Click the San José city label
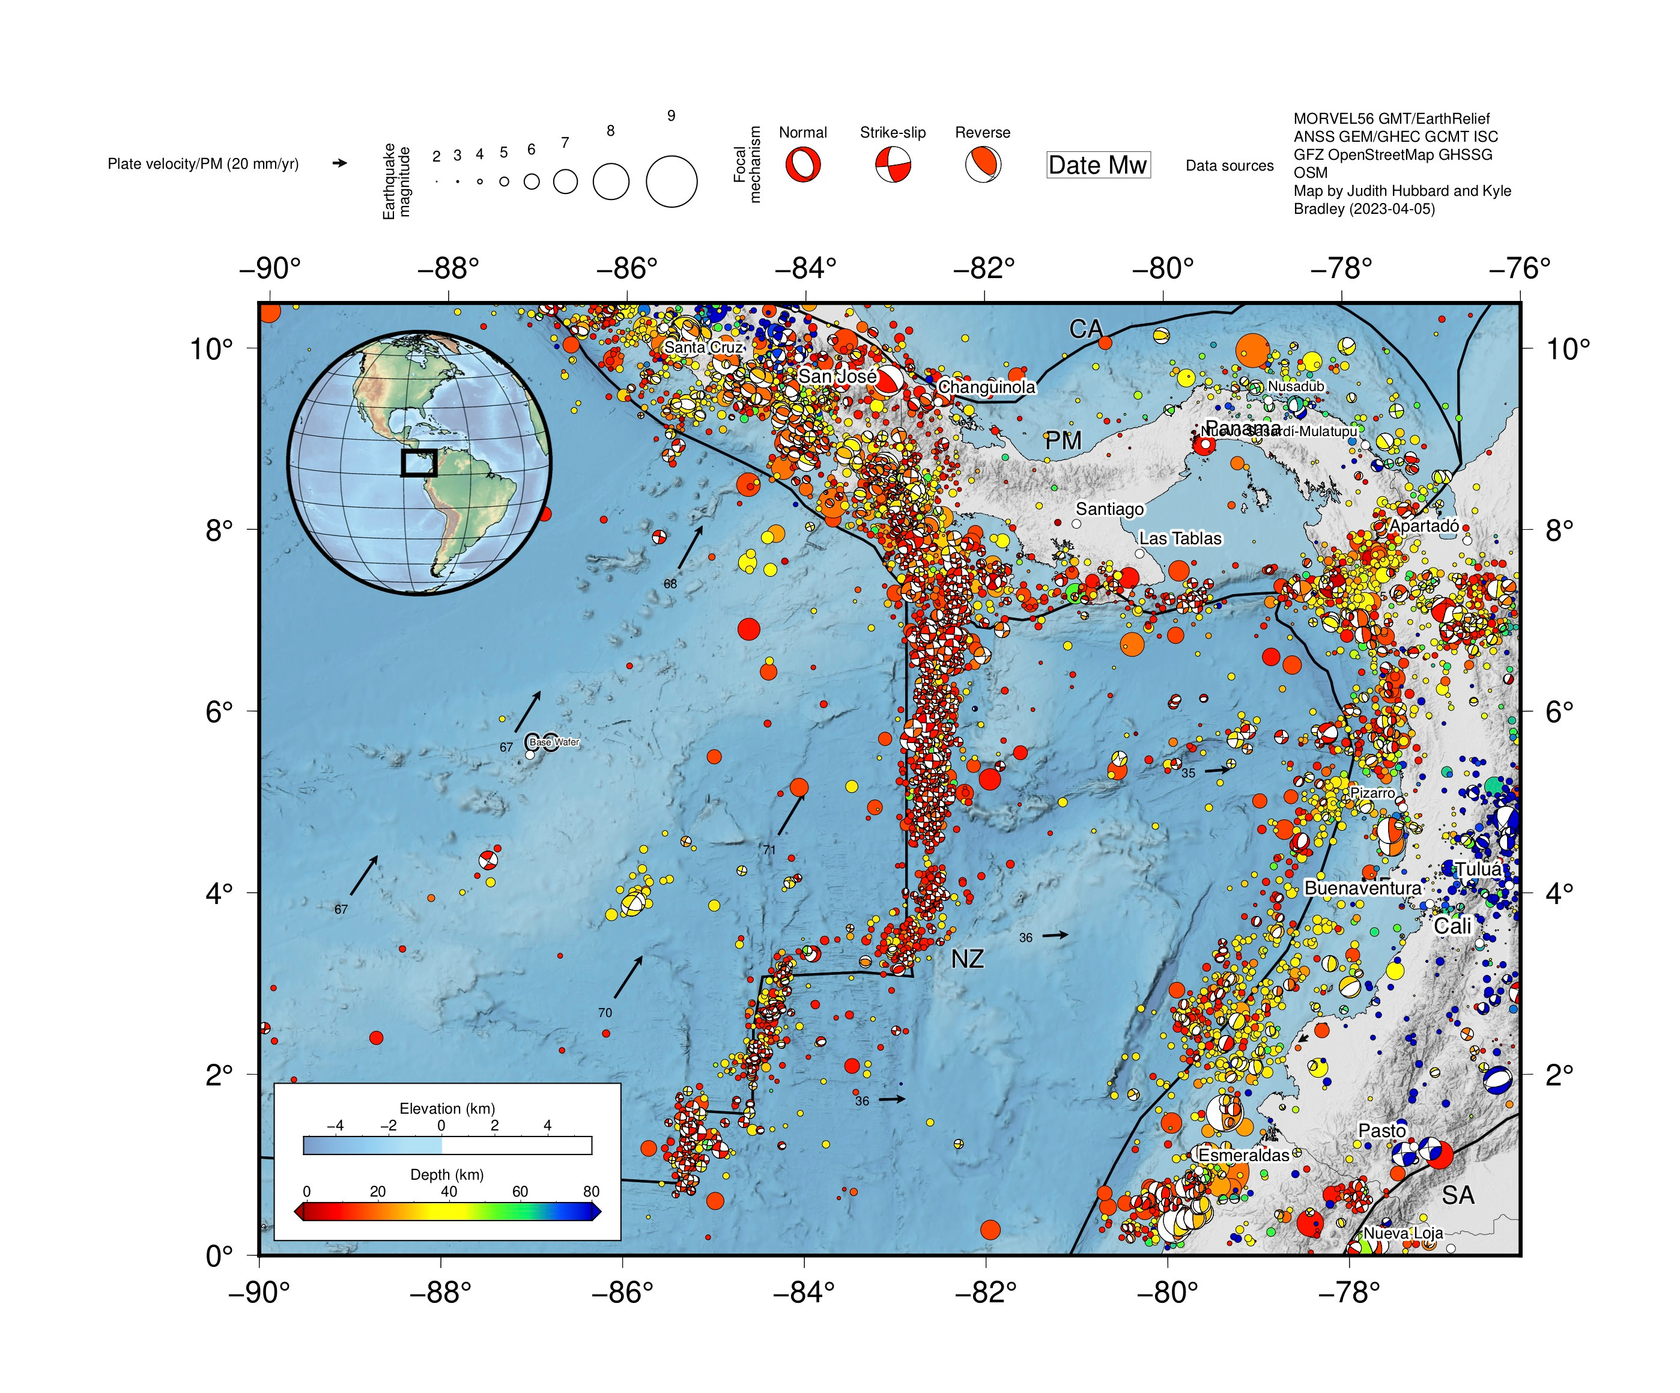pyautogui.click(x=837, y=376)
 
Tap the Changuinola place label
pyautogui.click(x=986, y=387)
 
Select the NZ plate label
pyautogui.click(x=966, y=959)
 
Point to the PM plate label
pyautogui.click(x=1063, y=441)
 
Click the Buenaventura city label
pyautogui.click(x=1362, y=888)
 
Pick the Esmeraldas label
pyautogui.click(x=1243, y=1155)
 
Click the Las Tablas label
pyautogui.click(x=1180, y=538)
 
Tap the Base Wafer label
pyautogui.click(x=554, y=742)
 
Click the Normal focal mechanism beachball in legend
pyautogui.click(x=802, y=166)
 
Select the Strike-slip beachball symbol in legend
pyautogui.click(x=893, y=165)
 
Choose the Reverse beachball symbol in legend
pyautogui.click(x=983, y=165)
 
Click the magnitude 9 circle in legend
pyautogui.click(x=671, y=181)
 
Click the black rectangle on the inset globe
pyautogui.click(x=419, y=463)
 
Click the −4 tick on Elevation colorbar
pyautogui.click(x=335, y=1126)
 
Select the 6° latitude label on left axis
pyautogui.click(x=219, y=711)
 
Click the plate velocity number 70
pyautogui.click(x=605, y=1013)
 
